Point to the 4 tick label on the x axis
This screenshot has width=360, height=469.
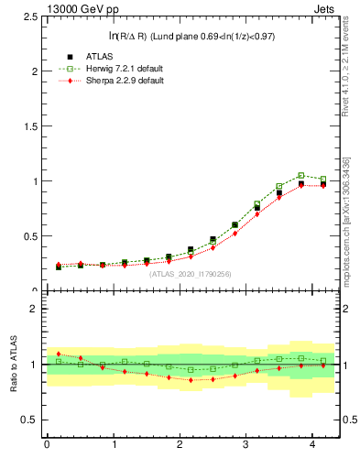pyautogui.click(x=312, y=445)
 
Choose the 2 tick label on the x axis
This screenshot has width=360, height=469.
pyautogui.click(x=180, y=445)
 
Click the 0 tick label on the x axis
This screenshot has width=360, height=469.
pyautogui.click(x=47, y=445)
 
